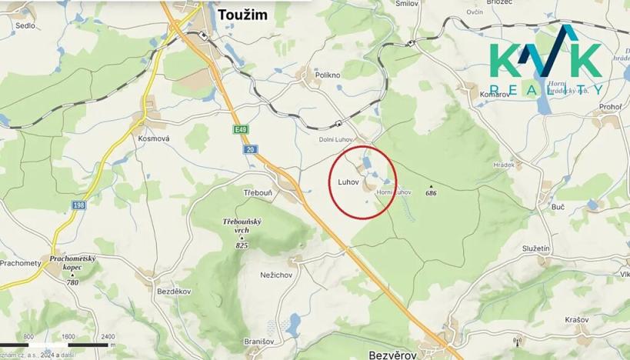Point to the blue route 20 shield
(251, 149)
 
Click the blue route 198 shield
(79, 205)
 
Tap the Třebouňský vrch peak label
(242, 226)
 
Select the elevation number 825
(242, 245)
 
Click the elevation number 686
(431, 193)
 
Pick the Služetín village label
(535, 248)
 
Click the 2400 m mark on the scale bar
(108, 336)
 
